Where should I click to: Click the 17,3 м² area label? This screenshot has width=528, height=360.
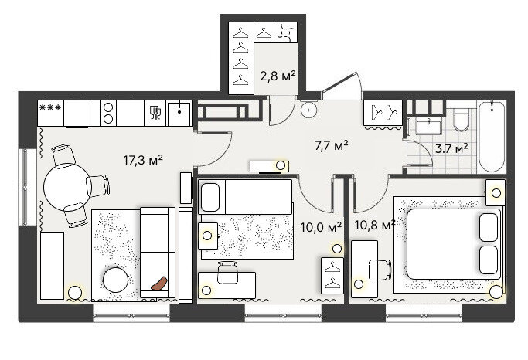143,160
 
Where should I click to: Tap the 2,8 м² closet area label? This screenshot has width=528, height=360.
278,76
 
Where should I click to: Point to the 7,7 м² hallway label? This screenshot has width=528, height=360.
332,146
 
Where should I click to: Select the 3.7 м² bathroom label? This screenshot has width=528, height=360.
451,148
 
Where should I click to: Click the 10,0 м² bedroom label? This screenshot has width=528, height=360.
321,227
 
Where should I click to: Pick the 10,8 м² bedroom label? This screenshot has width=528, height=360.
374,225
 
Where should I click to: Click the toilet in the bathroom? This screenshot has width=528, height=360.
461,119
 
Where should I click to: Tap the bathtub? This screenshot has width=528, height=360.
492,136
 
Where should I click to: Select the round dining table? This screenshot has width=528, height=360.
67,187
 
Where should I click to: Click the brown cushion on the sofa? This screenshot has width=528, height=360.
159,284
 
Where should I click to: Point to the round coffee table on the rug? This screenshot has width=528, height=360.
115,280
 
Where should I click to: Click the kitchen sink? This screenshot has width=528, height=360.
179,113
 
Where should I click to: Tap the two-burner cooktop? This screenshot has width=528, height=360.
108,113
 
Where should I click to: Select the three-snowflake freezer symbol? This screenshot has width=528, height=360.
50,107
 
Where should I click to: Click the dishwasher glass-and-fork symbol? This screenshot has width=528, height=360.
155,113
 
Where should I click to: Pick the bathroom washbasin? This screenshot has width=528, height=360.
429,127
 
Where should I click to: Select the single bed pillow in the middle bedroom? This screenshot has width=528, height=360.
210,197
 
